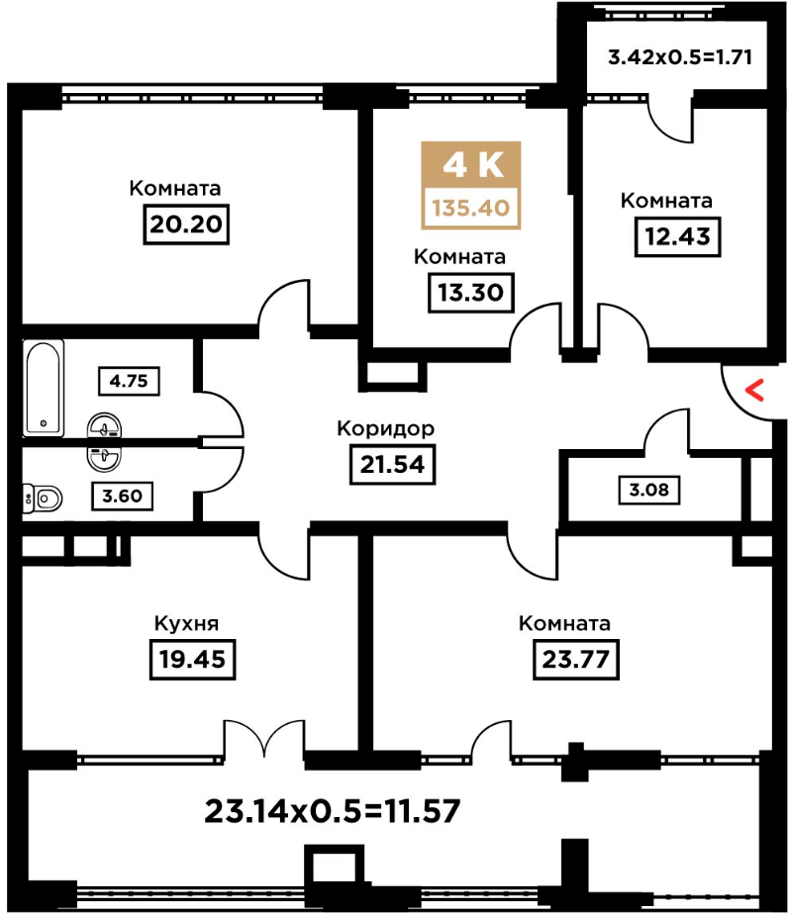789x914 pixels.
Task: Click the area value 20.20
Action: [186, 224]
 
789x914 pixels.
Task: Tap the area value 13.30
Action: [471, 292]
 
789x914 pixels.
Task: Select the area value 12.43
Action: [677, 236]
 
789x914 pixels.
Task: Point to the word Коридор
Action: [386, 429]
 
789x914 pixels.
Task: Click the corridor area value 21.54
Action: [392, 465]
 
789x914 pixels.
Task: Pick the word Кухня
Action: [186, 624]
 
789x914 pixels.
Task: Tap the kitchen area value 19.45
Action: [192, 659]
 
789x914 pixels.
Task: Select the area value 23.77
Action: [576, 659]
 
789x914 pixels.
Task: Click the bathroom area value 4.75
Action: [129, 381]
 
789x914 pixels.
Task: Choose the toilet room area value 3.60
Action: [122, 496]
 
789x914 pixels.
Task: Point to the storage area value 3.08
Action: [649, 489]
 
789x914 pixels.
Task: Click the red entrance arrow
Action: [755, 390]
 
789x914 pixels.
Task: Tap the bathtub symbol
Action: [44, 388]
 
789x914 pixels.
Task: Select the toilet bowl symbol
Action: [43, 499]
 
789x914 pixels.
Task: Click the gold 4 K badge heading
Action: [471, 165]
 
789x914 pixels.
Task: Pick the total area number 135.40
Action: [471, 208]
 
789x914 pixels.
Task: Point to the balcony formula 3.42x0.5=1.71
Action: [680, 57]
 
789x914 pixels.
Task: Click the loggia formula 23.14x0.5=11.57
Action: [332, 811]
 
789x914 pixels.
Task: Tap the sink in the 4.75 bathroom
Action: [104, 426]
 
